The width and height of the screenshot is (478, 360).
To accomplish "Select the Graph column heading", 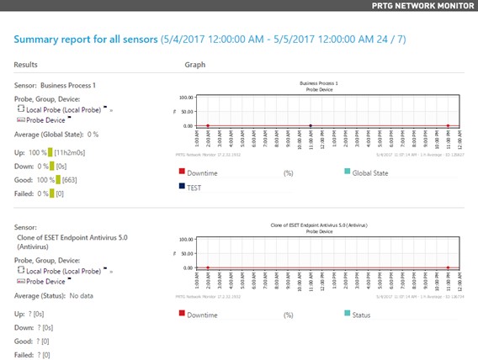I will [x=195, y=65].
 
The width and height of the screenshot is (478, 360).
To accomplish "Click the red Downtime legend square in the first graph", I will [x=182, y=172].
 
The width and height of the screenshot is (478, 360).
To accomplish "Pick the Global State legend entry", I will [x=369, y=173].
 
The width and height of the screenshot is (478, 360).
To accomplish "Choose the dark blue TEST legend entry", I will [x=197, y=189].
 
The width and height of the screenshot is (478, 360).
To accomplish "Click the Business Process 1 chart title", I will [x=319, y=84].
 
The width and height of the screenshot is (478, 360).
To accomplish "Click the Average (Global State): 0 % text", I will [x=56, y=134].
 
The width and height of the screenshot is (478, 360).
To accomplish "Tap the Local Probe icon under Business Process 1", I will [x=21, y=109].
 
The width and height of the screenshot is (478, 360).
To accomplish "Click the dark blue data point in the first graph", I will [x=311, y=126].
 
